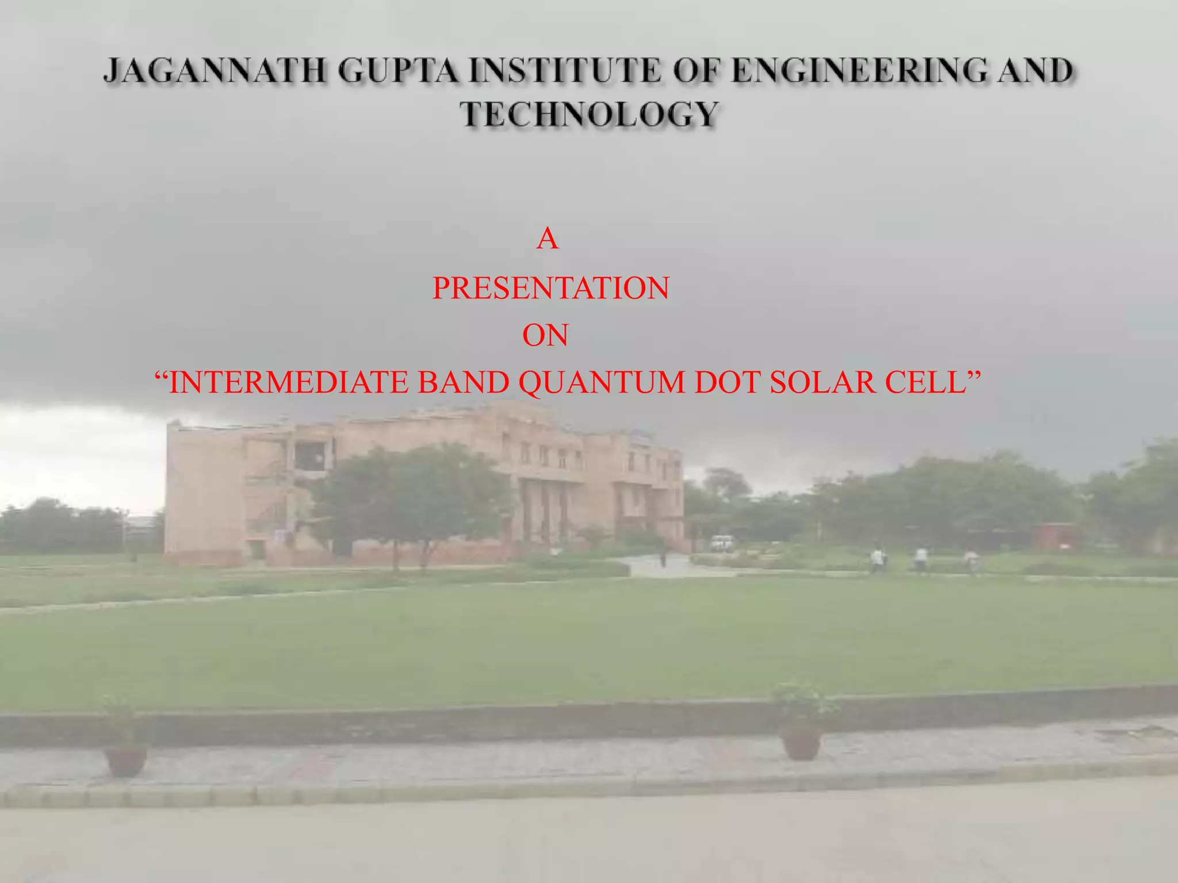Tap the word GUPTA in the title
[398, 72]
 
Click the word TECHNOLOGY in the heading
[589, 114]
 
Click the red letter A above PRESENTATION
[547, 239]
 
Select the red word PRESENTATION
[550, 288]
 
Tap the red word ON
[545, 336]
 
